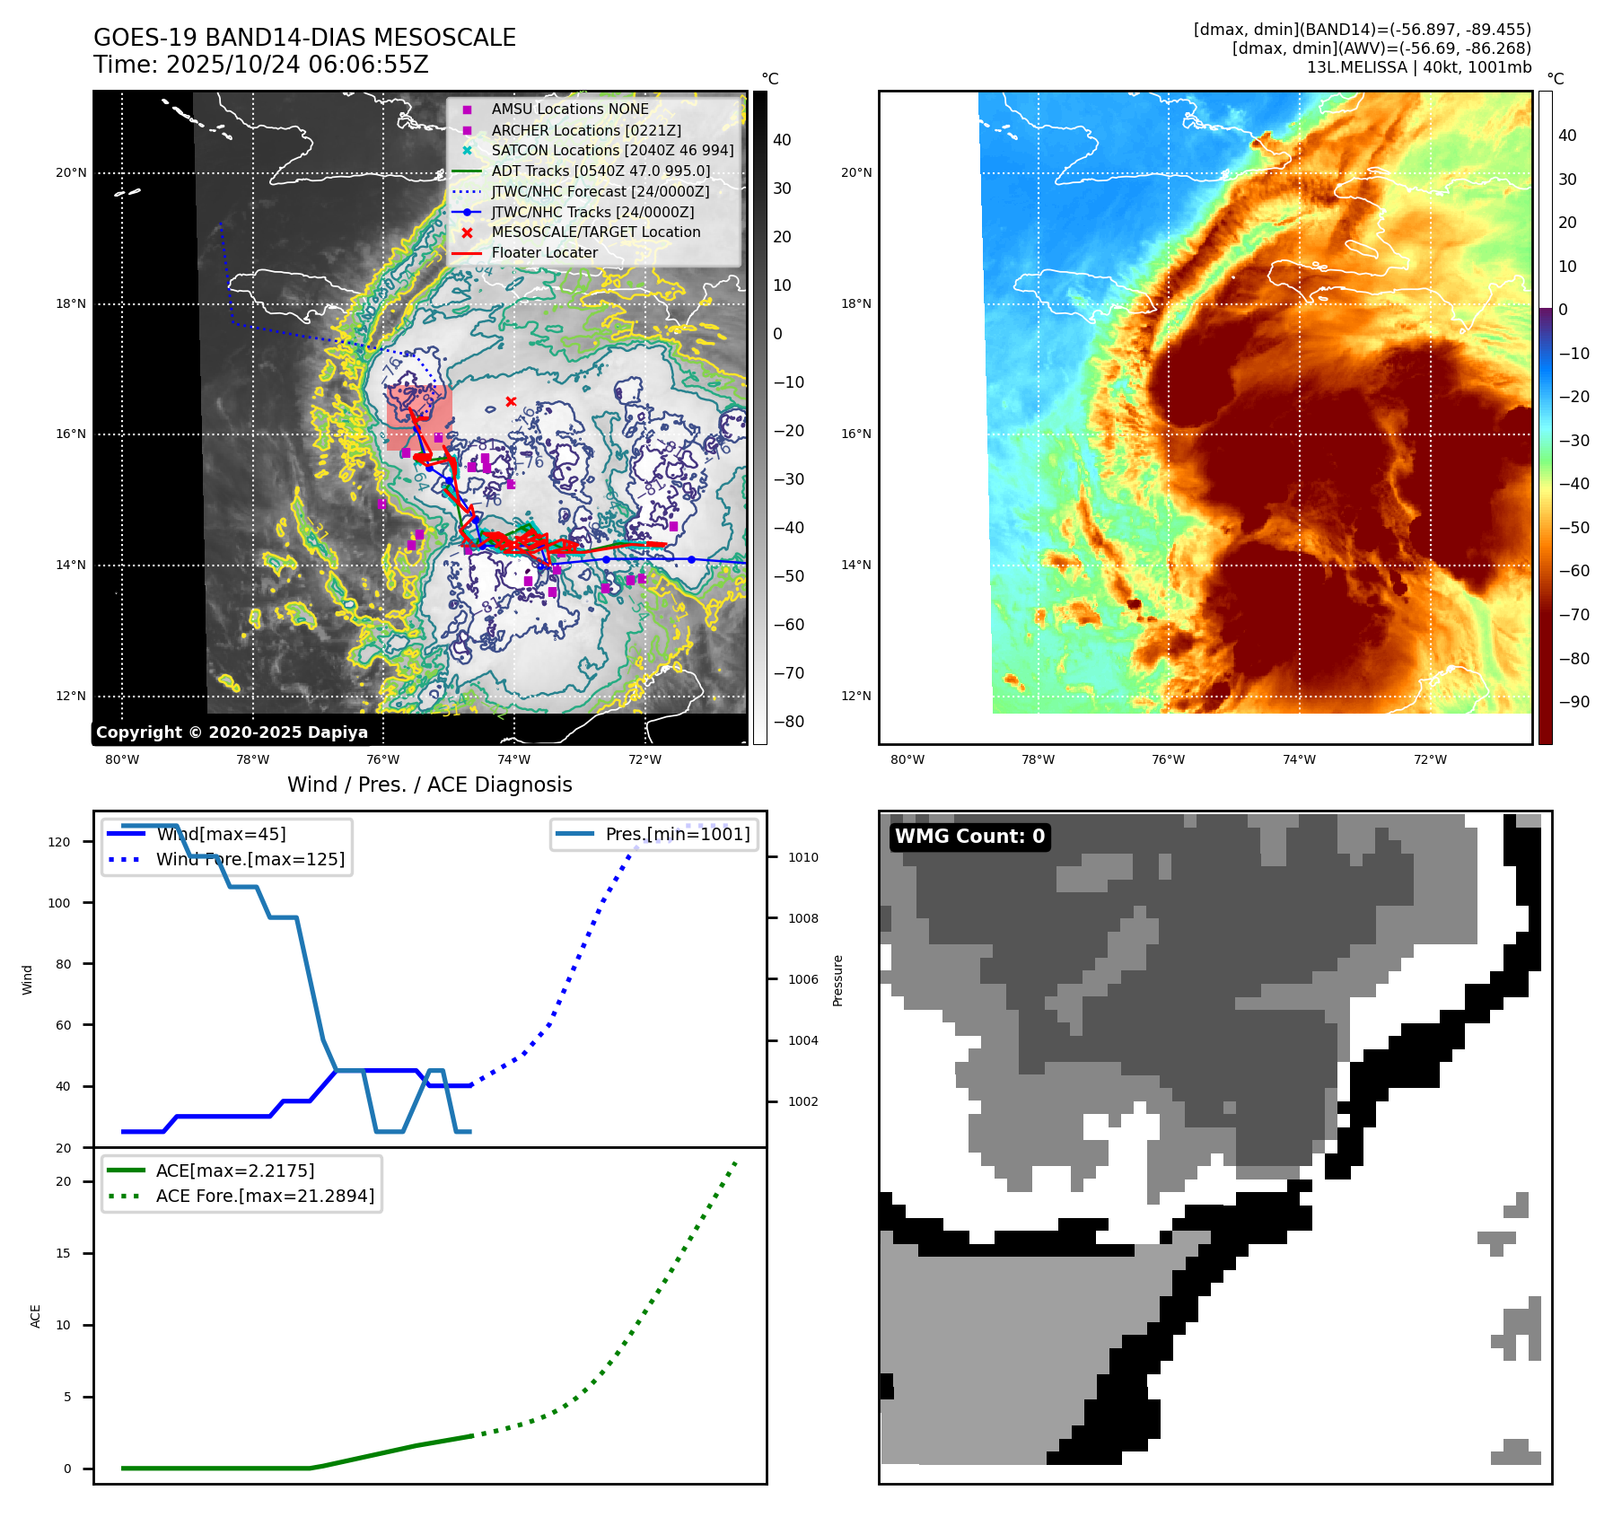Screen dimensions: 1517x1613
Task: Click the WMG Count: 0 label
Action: [x=969, y=837]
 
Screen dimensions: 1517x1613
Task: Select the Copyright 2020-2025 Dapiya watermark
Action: [x=232, y=732]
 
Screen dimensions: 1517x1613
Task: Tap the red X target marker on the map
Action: [x=511, y=401]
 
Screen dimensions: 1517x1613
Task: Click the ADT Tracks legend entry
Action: [x=600, y=171]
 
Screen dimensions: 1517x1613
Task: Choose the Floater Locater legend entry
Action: [x=544, y=253]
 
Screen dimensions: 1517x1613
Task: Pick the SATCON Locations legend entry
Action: [x=612, y=150]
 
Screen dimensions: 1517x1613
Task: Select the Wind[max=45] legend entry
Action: [x=221, y=834]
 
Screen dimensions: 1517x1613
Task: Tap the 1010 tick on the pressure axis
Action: [x=802, y=857]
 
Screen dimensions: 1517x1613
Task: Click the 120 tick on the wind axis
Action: [x=59, y=842]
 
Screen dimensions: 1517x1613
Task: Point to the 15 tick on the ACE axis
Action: [x=63, y=1253]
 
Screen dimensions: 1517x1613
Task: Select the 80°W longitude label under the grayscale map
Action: [x=122, y=760]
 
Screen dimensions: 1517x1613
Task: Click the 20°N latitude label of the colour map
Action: [x=855, y=173]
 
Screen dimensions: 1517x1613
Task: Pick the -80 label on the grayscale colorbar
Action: [x=789, y=722]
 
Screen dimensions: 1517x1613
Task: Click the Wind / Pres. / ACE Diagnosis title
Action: [x=429, y=785]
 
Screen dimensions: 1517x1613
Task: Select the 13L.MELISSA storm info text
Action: [x=1418, y=67]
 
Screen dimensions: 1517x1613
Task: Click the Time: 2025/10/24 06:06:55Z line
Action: [x=260, y=65]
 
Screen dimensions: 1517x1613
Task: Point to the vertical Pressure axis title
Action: [x=837, y=980]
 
